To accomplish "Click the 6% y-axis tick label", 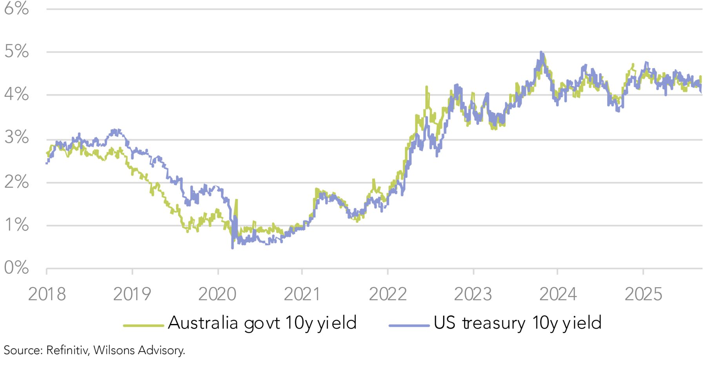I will point(16,9).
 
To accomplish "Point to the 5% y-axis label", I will point(16,51).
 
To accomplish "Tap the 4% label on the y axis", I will point(16,94).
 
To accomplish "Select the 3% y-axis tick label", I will point(16,138).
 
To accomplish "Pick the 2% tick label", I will point(16,182).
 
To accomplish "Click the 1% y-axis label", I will point(16,225).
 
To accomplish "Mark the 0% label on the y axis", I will point(16,268).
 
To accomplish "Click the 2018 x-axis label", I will point(47,294).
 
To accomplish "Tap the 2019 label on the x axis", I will point(132,294).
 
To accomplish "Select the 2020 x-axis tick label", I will point(217,294).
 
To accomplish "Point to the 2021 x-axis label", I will point(302,294).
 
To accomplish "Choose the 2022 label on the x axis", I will point(388,294).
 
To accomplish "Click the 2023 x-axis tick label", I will point(473,294).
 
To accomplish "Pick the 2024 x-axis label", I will point(558,294).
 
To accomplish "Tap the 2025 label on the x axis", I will point(643,294).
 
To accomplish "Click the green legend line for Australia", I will point(143,325).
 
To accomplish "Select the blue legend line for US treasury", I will point(409,325).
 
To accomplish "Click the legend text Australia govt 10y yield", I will point(262,323).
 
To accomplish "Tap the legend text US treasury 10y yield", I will point(517,323).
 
